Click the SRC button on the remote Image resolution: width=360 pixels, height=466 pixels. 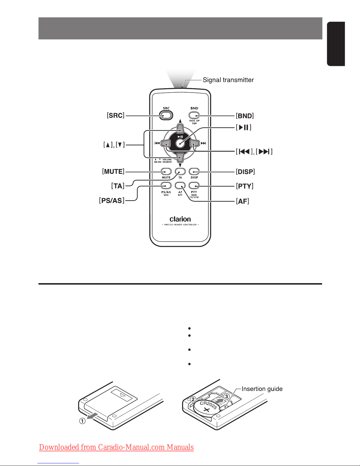coord(166,116)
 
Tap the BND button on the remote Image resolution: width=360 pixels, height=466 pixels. coord(194,115)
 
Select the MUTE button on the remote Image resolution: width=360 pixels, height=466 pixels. coord(166,172)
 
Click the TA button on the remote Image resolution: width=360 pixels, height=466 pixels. coord(180,172)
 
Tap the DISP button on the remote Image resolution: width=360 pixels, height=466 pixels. coord(194,172)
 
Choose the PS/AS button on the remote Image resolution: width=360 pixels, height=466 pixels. coord(166,186)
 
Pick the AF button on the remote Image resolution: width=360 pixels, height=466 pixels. coord(180,186)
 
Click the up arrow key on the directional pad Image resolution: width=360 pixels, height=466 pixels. coord(180,128)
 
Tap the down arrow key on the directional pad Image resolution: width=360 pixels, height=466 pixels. coord(180,158)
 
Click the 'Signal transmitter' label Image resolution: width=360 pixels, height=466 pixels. coord(228,80)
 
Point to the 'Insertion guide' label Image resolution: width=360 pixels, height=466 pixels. coord(262,389)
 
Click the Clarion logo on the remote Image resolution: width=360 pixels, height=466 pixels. coord(180,219)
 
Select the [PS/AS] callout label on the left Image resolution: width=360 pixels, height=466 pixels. coord(112,201)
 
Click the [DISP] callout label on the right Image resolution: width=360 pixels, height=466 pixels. coord(245,172)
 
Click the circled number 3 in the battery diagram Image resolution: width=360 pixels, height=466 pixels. coord(227,396)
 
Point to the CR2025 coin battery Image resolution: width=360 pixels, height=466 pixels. coord(207,408)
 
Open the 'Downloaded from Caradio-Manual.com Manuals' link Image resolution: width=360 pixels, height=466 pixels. coord(116,447)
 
